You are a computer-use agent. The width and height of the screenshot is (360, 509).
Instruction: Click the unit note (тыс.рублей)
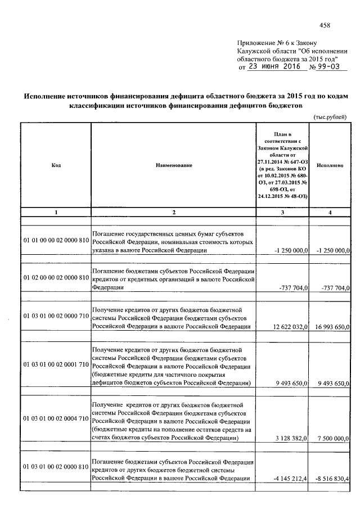pyautogui.click(x=330, y=116)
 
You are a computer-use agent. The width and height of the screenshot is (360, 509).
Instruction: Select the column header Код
pyautogui.click(x=56, y=165)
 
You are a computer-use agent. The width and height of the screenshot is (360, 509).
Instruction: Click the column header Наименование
pyautogui.click(x=174, y=165)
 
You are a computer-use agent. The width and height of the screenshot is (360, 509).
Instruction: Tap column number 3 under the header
pyautogui.click(x=282, y=212)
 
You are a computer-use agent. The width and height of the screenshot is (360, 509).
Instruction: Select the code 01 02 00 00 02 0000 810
pyautogui.click(x=56, y=278)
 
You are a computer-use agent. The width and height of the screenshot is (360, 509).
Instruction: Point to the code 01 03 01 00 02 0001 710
pyautogui.click(x=56, y=364)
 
